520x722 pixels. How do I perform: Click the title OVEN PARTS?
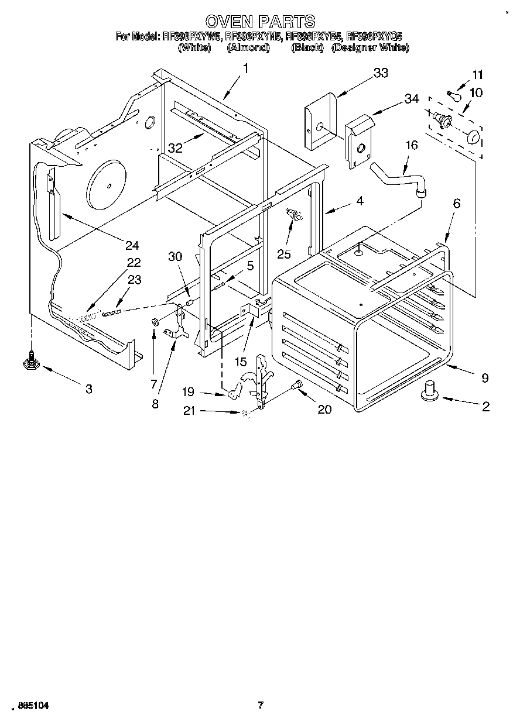pos(261,22)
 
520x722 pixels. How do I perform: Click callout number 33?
pos(380,73)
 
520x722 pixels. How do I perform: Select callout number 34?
pos(412,99)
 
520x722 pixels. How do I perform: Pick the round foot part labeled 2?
pos(430,390)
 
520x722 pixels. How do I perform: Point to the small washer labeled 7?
pos(155,321)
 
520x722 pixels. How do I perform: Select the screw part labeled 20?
pos(296,386)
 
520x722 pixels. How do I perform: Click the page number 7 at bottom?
pos(261,706)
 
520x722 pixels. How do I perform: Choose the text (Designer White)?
pos(370,48)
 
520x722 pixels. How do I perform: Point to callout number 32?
pos(175,148)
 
